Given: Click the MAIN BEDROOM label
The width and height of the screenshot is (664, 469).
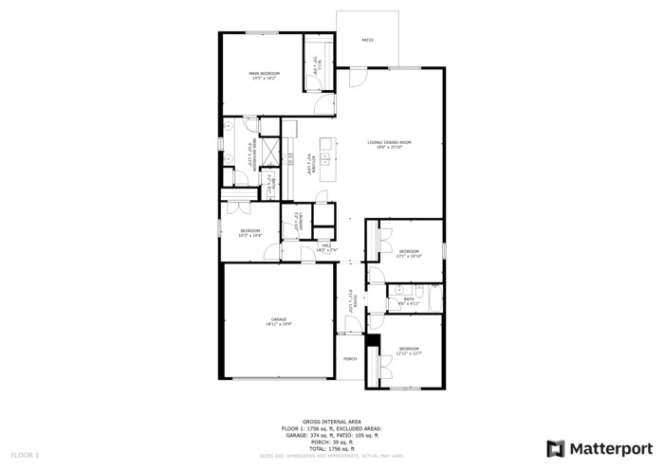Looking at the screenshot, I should click(x=265, y=73).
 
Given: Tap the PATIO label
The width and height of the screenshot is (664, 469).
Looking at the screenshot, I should click(x=367, y=41).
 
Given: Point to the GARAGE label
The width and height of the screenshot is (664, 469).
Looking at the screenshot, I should click(x=278, y=319).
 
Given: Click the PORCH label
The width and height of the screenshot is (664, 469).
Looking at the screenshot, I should click(x=350, y=359).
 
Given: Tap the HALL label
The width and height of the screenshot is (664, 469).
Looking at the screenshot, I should click(x=324, y=245).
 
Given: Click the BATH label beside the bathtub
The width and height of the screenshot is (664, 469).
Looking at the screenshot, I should click(x=409, y=298).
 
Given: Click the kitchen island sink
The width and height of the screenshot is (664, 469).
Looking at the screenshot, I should click(x=325, y=157).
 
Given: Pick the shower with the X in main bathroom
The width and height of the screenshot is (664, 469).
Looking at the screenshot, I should click(x=270, y=152).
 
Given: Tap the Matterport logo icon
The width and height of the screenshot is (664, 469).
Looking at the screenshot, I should click(x=556, y=448).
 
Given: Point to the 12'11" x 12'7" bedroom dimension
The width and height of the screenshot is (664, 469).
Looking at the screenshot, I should click(x=410, y=353).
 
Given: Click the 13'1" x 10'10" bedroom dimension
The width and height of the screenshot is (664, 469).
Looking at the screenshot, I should click(x=410, y=256).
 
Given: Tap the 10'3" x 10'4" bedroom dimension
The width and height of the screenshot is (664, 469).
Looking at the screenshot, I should click(x=250, y=235).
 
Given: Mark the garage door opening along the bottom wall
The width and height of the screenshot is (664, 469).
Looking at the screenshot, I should click(x=279, y=379).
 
